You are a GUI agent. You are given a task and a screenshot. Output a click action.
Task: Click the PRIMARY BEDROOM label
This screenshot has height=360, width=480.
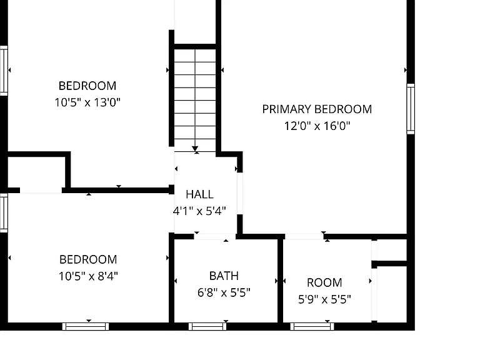(317, 109)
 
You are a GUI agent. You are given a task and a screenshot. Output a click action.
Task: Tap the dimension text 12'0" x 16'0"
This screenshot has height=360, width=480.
(317, 126)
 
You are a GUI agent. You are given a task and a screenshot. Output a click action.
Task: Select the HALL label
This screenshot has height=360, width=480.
(199, 194)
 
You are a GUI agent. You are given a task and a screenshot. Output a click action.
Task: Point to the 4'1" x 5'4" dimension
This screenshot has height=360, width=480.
(199, 211)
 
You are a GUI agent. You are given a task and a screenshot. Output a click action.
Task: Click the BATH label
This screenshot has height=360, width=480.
(224, 276)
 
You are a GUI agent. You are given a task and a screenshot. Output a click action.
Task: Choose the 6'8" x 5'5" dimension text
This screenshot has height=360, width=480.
(224, 292)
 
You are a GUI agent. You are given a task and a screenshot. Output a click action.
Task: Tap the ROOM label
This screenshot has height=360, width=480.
(324, 282)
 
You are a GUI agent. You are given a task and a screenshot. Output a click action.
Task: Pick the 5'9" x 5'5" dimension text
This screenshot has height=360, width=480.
(324, 299)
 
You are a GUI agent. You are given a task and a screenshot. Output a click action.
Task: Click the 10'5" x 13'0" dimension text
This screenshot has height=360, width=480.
(87, 102)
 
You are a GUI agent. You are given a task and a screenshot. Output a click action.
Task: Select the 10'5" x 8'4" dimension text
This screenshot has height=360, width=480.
(88, 276)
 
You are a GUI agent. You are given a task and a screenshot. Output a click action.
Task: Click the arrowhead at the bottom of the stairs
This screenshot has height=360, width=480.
(195, 149)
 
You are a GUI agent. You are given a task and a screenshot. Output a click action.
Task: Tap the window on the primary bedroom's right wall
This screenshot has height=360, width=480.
(411, 109)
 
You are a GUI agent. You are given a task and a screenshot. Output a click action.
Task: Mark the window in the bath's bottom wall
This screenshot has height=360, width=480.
(207, 327)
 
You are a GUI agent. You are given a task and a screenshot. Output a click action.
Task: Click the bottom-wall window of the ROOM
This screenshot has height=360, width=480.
(312, 327)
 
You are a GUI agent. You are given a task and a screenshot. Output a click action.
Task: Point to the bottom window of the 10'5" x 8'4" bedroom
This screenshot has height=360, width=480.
(86, 327)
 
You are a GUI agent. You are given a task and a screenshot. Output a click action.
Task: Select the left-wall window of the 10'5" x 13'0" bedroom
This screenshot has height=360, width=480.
(4, 71)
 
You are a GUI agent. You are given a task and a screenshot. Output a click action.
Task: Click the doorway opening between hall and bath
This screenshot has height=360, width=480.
(215, 236)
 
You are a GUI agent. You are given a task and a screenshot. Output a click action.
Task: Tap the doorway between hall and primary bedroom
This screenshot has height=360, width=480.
(240, 194)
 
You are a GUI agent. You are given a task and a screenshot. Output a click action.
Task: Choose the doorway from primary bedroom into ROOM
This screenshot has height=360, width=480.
(304, 236)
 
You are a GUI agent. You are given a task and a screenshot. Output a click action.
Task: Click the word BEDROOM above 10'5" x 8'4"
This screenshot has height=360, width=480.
(88, 259)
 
